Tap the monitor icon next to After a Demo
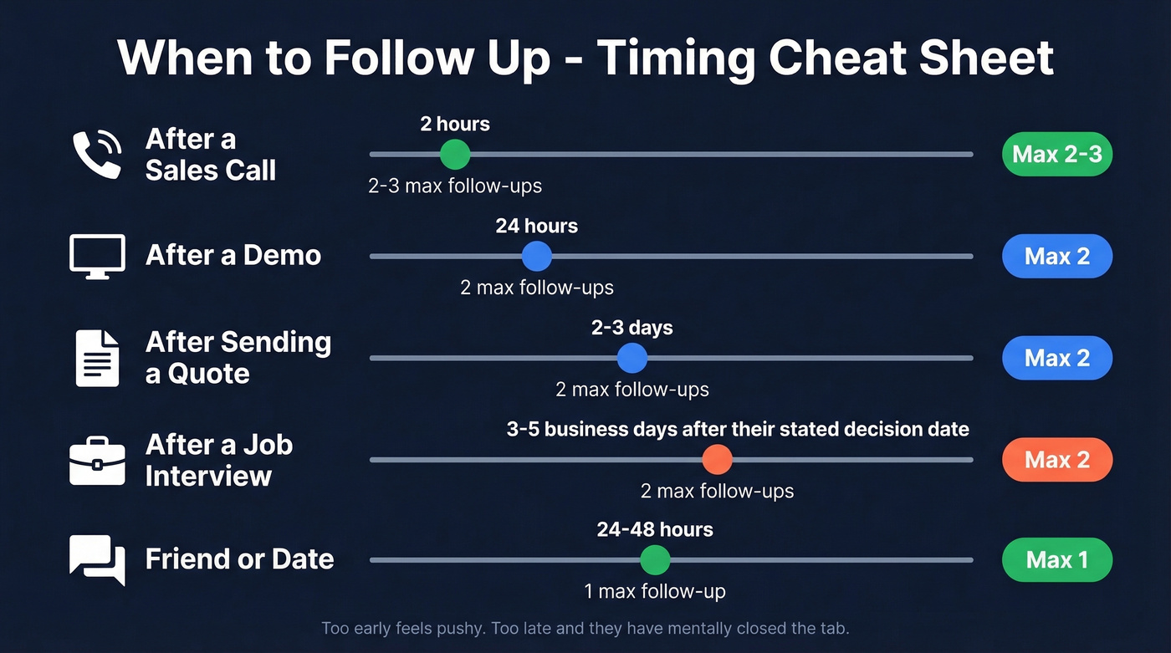pyautogui.click(x=97, y=256)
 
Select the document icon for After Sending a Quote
pyautogui.click(x=97, y=358)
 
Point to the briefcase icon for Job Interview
pyautogui.click(x=97, y=460)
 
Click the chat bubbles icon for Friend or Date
pyautogui.click(x=97, y=559)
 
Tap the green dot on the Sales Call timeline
pyautogui.click(x=455, y=155)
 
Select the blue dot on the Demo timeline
pyautogui.click(x=536, y=256)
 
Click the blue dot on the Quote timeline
pyautogui.click(x=632, y=358)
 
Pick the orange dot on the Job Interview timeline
pyautogui.click(x=717, y=460)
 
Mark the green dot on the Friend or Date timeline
pyautogui.click(x=655, y=560)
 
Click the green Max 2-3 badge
pyautogui.click(x=1056, y=155)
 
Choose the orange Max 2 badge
pyautogui.click(x=1056, y=460)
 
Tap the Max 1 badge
pyautogui.click(x=1056, y=560)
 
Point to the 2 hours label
pyautogui.click(x=455, y=125)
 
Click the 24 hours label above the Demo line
pyautogui.click(x=536, y=226)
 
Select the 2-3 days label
pyautogui.click(x=632, y=328)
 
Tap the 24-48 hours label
pyautogui.click(x=655, y=529)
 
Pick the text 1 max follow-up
pyautogui.click(x=655, y=592)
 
